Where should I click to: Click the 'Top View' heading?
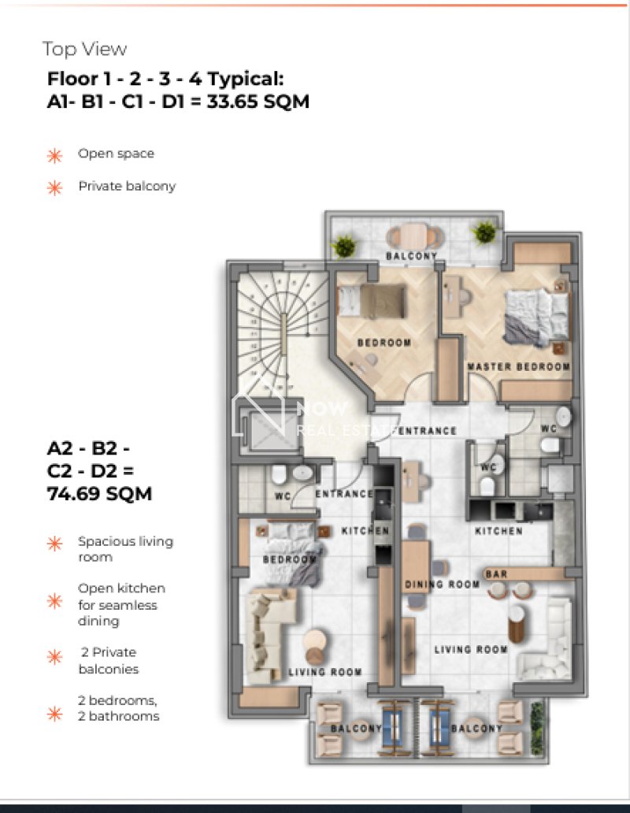(x=84, y=50)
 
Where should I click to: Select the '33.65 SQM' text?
(x=258, y=101)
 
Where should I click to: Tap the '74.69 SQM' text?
(x=99, y=494)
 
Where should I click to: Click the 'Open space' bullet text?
(x=116, y=154)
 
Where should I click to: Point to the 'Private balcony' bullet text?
(x=127, y=186)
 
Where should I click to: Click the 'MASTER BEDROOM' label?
(x=519, y=366)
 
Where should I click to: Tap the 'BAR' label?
(x=496, y=574)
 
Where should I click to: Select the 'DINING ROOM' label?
(x=442, y=585)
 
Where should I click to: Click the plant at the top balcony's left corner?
(x=344, y=246)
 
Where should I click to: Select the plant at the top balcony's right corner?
(x=485, y=232)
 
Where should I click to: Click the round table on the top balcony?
(x=415, y=236)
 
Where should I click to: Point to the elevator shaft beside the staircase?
(x=268, y=430)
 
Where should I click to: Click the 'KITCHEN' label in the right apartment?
(x=499, y=531)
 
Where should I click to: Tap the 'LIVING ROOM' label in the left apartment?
(x=324, y=672)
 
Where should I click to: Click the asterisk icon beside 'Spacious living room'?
(x=54, y=544)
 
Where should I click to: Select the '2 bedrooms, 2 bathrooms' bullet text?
(x=119, y=708)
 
